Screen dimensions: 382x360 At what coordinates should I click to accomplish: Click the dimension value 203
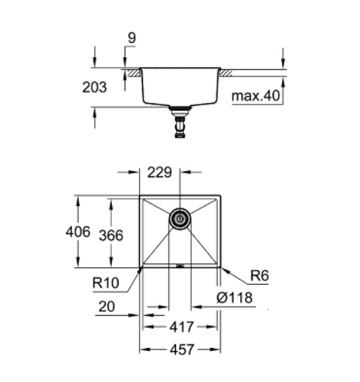point(95,87)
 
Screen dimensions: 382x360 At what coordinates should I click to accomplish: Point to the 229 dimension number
point(160,174)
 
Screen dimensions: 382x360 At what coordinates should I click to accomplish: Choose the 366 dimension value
point(111,235)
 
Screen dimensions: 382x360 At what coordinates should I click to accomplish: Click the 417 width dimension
point(180,326)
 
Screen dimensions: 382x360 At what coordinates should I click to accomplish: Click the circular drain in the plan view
point(180,218)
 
